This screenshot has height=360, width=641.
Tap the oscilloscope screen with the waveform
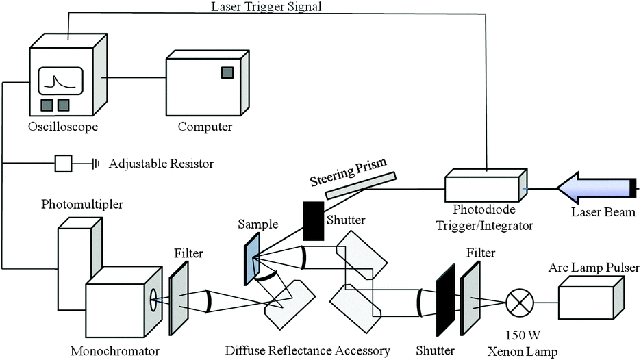(60, 81)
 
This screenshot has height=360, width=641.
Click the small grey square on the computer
(226, 73)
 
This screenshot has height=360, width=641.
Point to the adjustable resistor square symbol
(63, 164)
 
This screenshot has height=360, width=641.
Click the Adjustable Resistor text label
(162, 164)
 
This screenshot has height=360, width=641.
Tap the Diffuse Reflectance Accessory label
(307, 351)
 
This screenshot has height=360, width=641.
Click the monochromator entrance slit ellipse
(153, 300)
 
